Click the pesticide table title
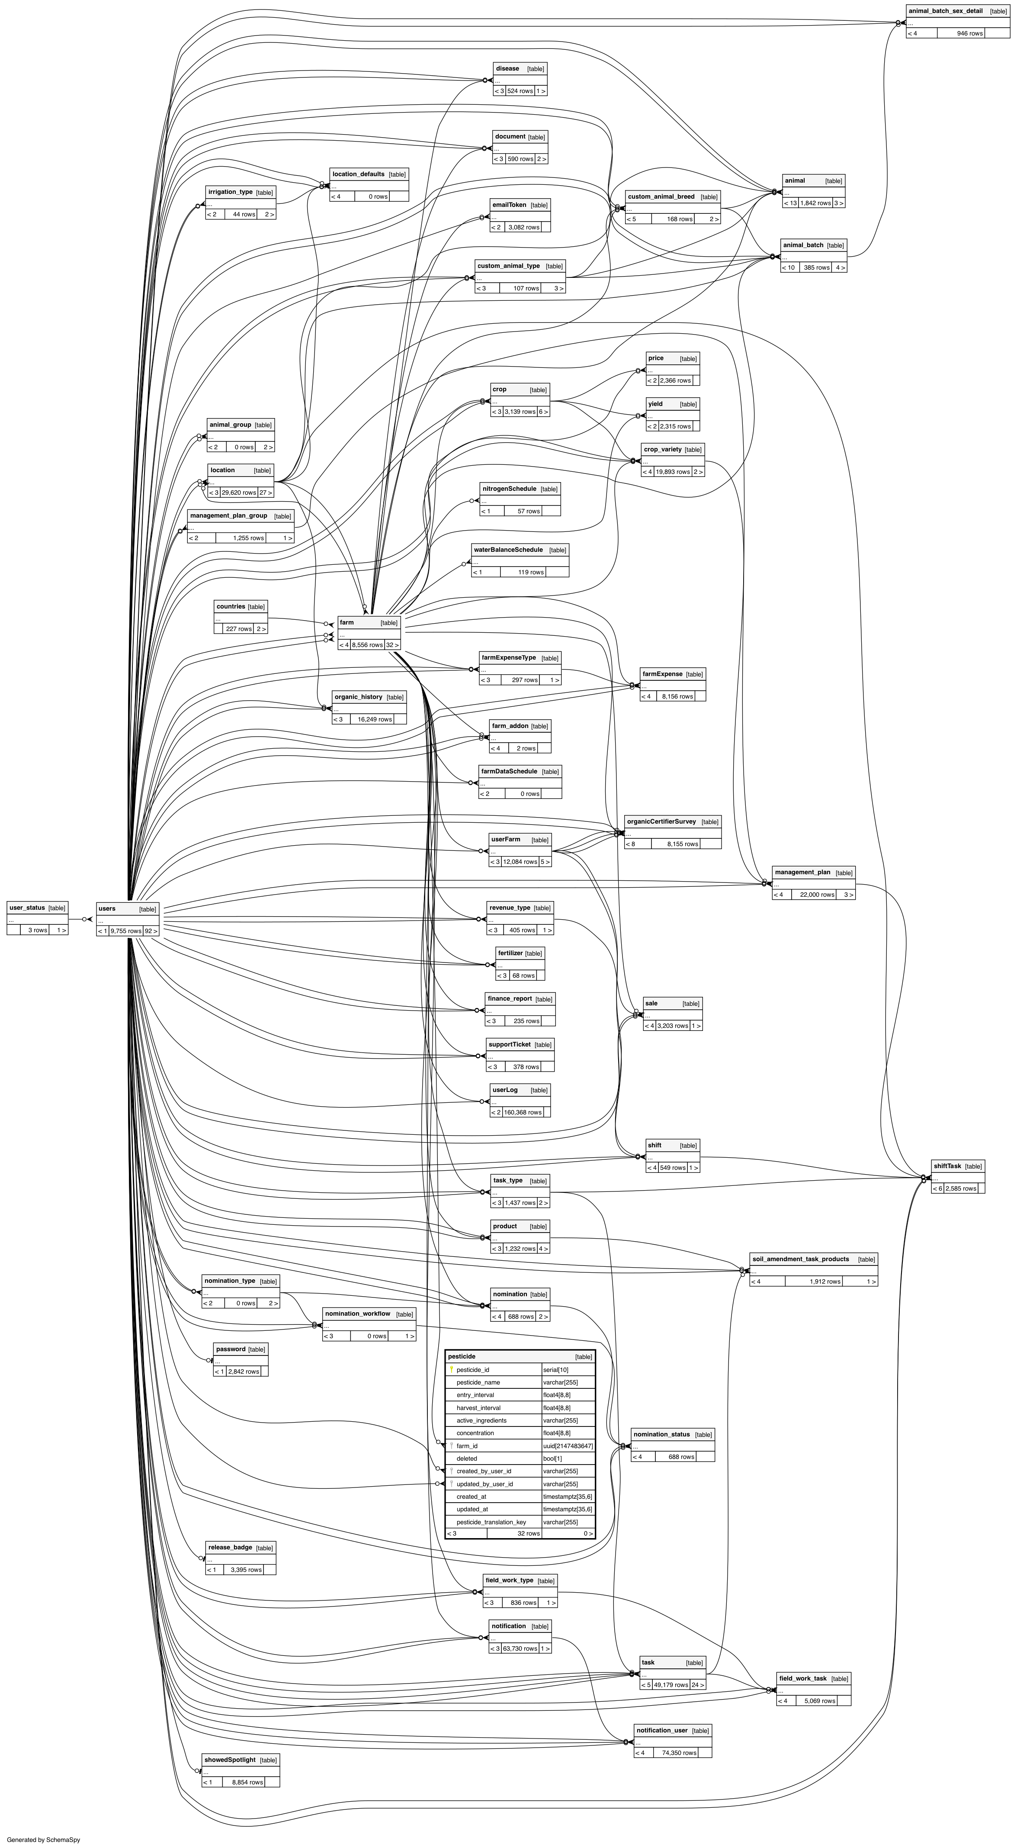pos(461,1357)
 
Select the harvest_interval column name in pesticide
pos(478,1407)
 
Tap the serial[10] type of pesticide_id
pos(557,1369)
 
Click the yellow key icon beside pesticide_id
pos(451,1369)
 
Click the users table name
pos(107,909)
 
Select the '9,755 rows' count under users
pos(125,931)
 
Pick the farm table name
pos(347,623)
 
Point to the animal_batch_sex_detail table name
pos(945,11)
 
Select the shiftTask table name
pos(947,1166)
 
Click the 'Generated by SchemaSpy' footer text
pos(43,1839)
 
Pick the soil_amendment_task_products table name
pos(800,1259)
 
